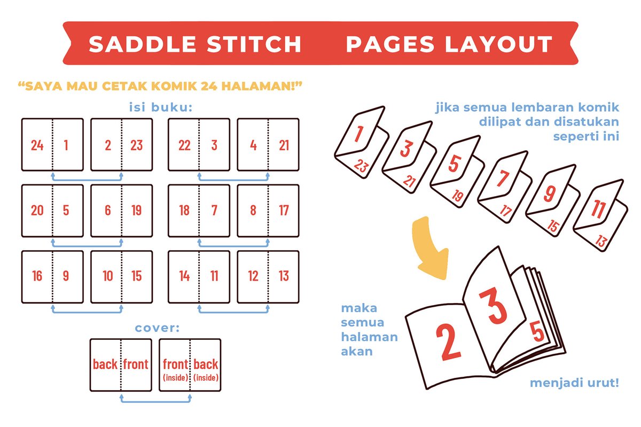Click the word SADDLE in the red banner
(x=142, y=44)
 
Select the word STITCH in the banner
(x=254, y=44)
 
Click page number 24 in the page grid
(x=37, y=145)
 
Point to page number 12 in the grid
(x=253, y=276)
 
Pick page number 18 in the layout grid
(x=184, y=211)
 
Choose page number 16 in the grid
(x=37, y=276)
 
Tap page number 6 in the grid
(x=107, y=211)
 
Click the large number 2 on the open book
(x=448, y=341)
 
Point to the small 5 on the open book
(x=537, y=332)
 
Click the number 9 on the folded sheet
(x=550, y=194)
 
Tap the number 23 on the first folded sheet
(x=362, y=166)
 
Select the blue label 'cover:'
(x=157, y=328)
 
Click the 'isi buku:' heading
(x=161, y=107)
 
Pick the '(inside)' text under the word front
(x=175, y=378)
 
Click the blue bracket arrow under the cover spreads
(x=155, y=401)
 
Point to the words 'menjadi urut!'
(x=574, y=383)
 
